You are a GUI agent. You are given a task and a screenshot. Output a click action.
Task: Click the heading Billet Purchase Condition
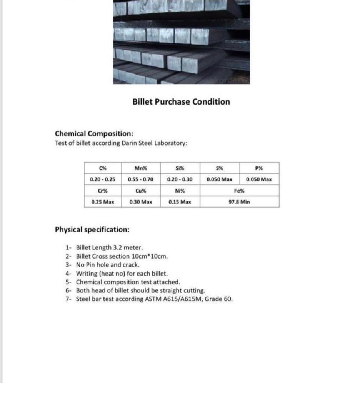click(181, 102)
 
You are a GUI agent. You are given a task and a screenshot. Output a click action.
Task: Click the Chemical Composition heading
click(94, 134)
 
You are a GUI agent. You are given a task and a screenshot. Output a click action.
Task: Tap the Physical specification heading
click(92, 230)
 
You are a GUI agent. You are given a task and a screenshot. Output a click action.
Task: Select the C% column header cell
click(103, 168)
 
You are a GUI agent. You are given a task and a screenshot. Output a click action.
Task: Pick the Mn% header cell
click(141, 168)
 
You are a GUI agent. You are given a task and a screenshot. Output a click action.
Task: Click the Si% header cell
click(180, 168)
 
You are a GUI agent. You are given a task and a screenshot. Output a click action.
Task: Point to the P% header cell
click(259, 168)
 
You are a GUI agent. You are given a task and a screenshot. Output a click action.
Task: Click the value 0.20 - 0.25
click(103, 179)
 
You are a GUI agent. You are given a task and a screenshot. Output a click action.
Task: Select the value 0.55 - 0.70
click(141, 179)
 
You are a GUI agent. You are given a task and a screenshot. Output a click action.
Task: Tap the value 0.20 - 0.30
click(180, 179)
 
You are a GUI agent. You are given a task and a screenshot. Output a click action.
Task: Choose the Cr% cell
click(103, 191)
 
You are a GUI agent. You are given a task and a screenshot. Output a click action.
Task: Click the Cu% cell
click(141, 191)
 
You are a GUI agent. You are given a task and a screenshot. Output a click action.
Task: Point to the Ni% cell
click(180, 191)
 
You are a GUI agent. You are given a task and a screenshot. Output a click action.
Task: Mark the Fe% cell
click(239, 191)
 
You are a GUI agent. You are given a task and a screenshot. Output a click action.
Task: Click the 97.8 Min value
click(239, 202)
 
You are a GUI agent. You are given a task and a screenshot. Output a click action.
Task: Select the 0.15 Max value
click(180, 202)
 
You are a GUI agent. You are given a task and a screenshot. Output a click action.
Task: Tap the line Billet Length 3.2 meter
click(110, 248)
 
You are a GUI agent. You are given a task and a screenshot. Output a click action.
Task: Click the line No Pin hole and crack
click(108, 265)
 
